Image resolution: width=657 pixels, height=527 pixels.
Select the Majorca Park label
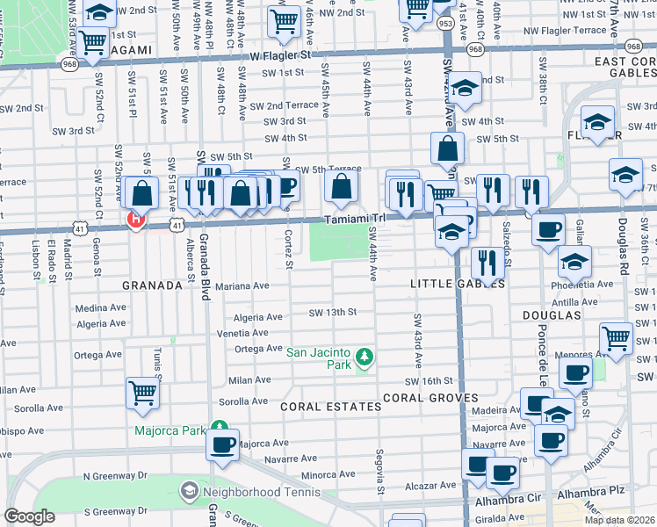[x=169, y=430]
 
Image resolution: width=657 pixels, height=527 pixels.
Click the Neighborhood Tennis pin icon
[x=189, y=492]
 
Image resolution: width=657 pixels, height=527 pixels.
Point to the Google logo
[x=29, y=516]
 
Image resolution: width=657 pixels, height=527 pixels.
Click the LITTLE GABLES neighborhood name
[x=458, y=285]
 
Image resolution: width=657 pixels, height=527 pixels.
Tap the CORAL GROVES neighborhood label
[x=429, y=397]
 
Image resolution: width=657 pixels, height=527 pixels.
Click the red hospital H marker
[x=135, y=220]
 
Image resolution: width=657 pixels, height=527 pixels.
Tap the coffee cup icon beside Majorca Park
[x=223, y=443]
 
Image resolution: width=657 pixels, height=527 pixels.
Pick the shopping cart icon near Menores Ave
[x=616, y=338]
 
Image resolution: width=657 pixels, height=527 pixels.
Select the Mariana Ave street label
[x=242, y=285]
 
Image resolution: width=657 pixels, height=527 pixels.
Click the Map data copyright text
[x=619, y=520]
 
